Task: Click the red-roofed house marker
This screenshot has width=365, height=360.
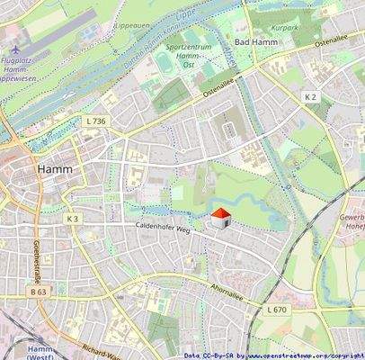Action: coord(219,218)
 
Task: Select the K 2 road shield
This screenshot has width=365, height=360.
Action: coord(311,96)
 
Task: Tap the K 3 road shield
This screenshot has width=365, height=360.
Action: coord(73,218)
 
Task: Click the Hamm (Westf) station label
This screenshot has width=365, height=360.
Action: coord(39,352)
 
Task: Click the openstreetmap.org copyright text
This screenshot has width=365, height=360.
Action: coord(306,355)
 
